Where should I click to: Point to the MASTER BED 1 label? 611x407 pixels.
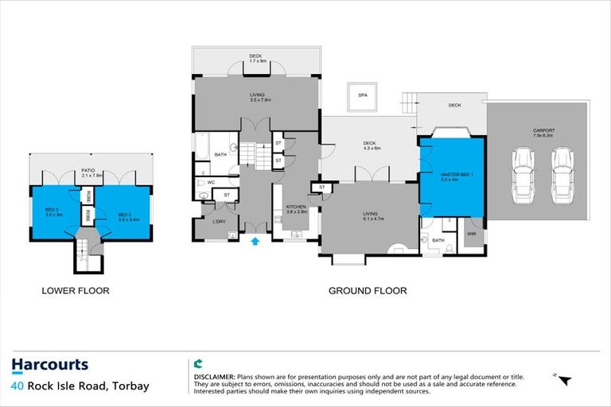click(x=451, y=176)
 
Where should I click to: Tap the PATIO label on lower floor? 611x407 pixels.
click(x=88, y=171)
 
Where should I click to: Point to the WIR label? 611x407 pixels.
click(x=471, y=235)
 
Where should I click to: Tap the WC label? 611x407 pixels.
click(x=212, y=182)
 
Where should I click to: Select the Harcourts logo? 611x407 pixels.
click(x=49, y=366)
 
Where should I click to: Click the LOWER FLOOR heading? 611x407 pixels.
click(x=75, y=291)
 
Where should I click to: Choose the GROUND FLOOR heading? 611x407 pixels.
click(x=368, y=291)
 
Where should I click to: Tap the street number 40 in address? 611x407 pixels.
click(x=17, y=387)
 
